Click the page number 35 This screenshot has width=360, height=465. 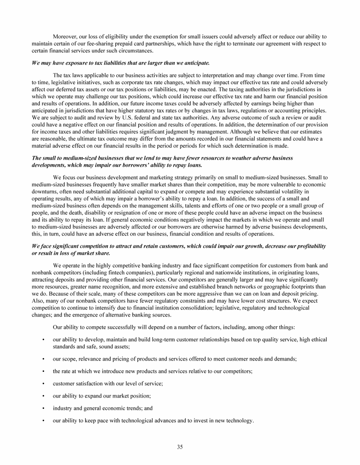(180, 447)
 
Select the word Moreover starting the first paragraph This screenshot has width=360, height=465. (65, 36)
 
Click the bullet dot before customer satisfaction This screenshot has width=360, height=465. (43, 384)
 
